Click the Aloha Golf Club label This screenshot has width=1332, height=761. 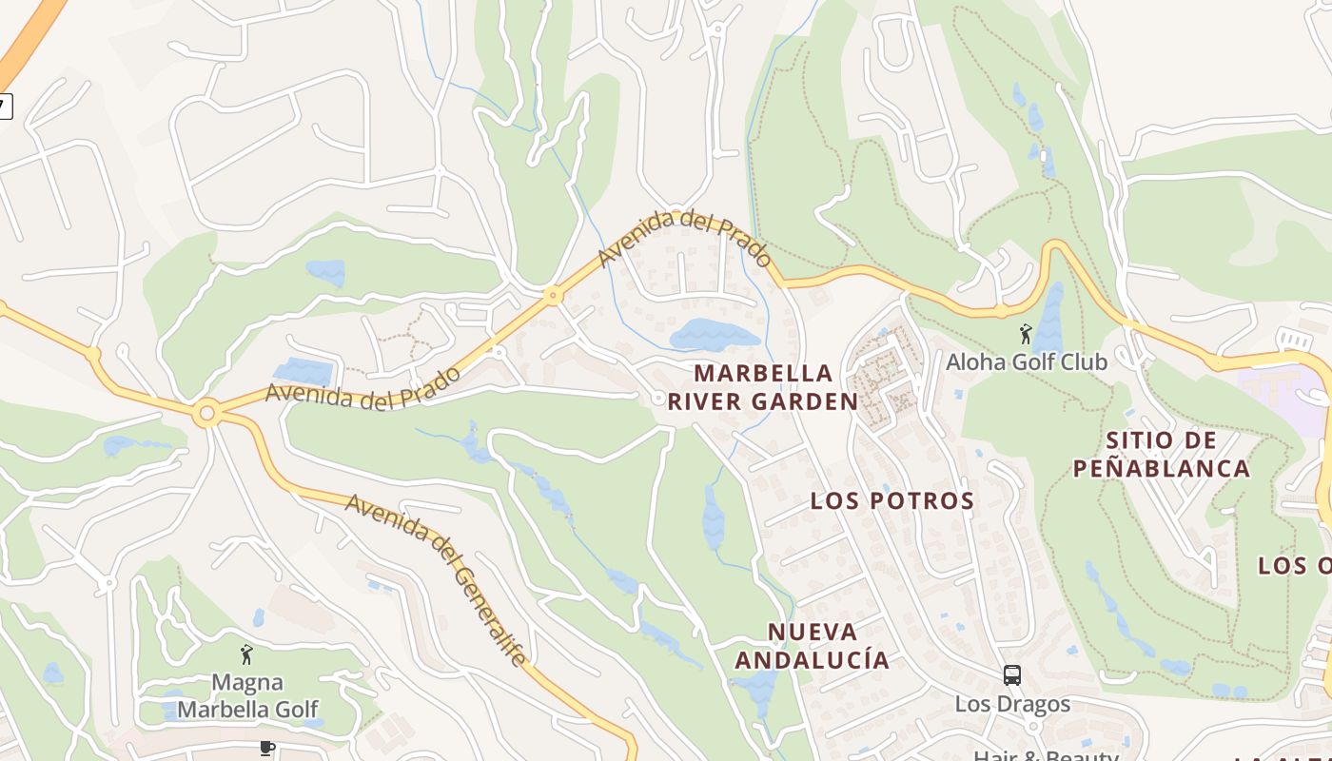click(x=1026, y=362)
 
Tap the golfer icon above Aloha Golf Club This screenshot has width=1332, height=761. click(x=1026, y=334)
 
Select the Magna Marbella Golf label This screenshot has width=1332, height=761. click(x=247, y=695)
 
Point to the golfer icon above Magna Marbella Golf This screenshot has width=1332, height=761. click(x=247, y=654)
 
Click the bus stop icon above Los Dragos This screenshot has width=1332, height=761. click(x=1012, y=675)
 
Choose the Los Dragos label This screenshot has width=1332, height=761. click(x=1012, y=705)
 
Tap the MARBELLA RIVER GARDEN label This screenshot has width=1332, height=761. click(x=763, y=387)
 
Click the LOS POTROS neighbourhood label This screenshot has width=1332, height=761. click(x=891, y=501)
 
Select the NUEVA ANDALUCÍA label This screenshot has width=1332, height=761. click(x=813, y=646)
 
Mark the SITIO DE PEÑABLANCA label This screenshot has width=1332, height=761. click(x=1161, y=455)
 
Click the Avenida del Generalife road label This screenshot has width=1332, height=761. click(x=435, y=577)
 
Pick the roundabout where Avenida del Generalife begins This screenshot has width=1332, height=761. click(x=206, y=414)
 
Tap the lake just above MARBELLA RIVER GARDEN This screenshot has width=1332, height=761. click(x=714, y=335)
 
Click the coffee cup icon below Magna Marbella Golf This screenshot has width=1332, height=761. click(x=266, y=749)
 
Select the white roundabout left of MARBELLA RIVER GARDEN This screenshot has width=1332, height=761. click(x=657, y=398)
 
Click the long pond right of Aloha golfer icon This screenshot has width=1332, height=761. click(x=1050, y=319)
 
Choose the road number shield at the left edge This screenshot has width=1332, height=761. click(x=5, y=106)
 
